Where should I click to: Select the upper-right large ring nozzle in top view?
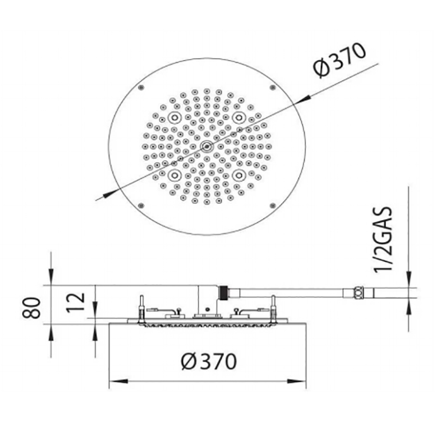pyautogui.click(x=239, y=118)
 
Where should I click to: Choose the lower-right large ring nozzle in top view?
pyautogui.click(x=239, y=174)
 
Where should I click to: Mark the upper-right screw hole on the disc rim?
pyautogui.click(x=272, y=87)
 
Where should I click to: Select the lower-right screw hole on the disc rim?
pyautogui.click(x=272, y=205)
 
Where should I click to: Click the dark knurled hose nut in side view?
pyautogui.click(x=223, y=293)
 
